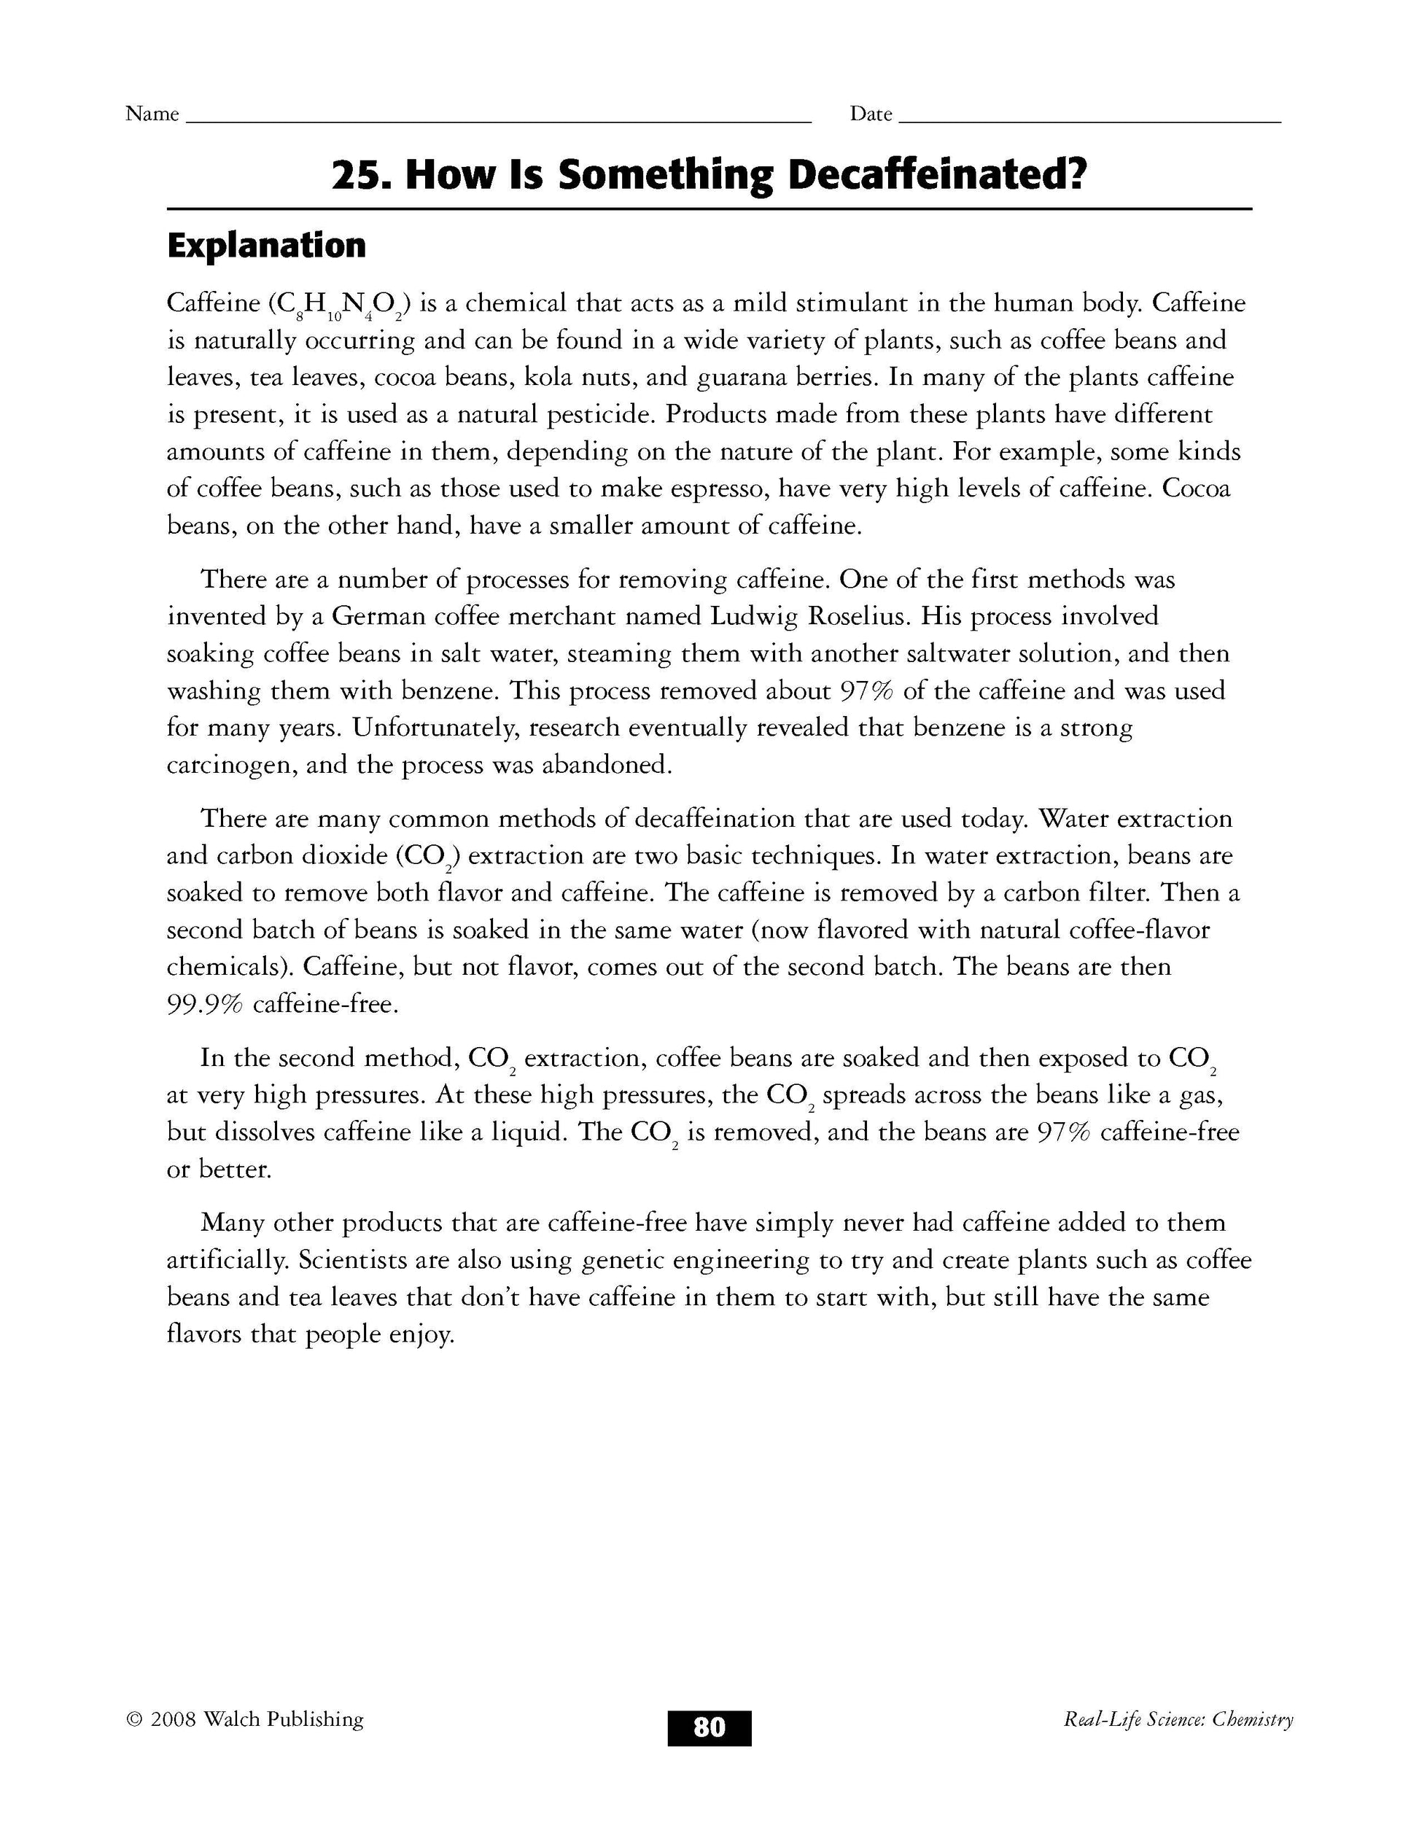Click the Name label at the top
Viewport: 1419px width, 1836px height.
(x=152, y=114)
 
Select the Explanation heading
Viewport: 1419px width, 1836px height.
(x=266, y=246)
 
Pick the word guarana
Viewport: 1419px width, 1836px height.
(x=747, y=378)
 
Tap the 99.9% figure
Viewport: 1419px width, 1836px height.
(x=204, y=1004)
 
